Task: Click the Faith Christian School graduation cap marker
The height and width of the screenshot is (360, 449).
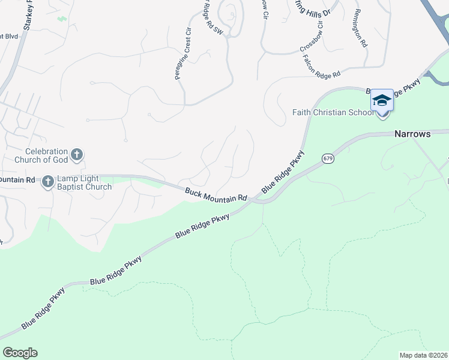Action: point(382,100)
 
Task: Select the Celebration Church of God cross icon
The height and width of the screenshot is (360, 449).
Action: point(76,155)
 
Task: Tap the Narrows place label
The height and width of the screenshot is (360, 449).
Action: point(412,134)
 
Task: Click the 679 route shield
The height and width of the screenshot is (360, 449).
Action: point(327,158)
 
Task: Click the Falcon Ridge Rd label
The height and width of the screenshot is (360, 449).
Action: point(322,65)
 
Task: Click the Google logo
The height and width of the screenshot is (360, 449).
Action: point(20,353)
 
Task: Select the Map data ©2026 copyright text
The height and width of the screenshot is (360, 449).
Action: point(423,355)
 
